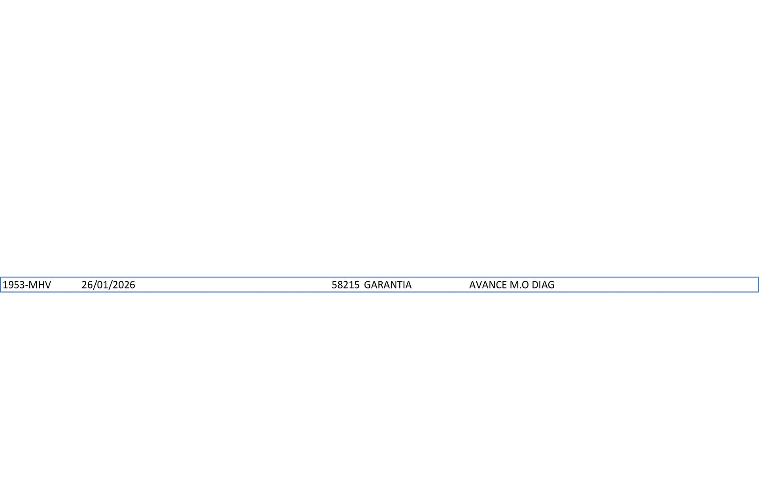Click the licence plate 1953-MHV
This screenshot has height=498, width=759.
(27, 285)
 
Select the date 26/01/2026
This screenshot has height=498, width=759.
(108, 285)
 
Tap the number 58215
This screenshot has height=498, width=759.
(346, 285)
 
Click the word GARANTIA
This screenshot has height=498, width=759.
(388, 285)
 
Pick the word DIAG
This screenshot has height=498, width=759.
(543, 285)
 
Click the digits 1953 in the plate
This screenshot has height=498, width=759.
(13, 285)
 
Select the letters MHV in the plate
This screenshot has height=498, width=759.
(40, 285)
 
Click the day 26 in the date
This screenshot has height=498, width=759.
(87, 285)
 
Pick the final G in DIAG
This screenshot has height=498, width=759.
(551, 285)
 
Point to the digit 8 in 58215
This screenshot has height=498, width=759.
(340, 285)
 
